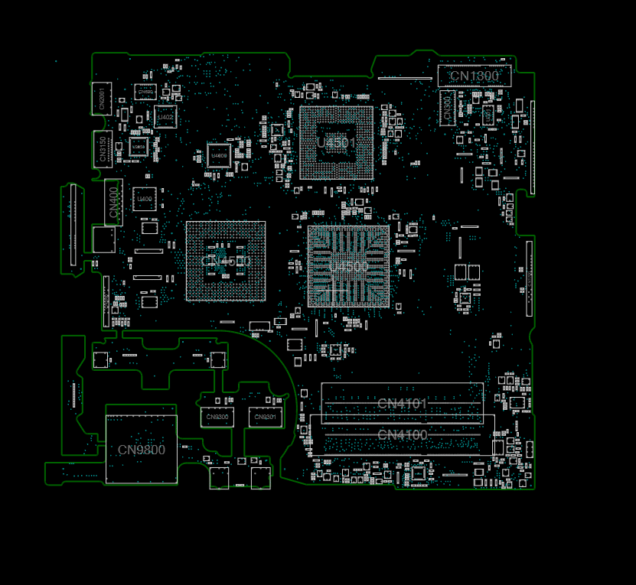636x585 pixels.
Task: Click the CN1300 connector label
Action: click(474, 76)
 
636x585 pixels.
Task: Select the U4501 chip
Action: click(337, 142)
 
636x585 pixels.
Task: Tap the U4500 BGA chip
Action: click(348, 266)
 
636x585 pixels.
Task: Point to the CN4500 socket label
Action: click(226, 261)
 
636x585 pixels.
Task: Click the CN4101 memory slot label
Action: click(402, 403)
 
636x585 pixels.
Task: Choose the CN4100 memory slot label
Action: click(402, 435)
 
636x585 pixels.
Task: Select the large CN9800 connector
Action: click(141, 450)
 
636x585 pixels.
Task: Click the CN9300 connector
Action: click(217, 417)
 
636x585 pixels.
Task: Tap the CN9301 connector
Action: click(264, 417)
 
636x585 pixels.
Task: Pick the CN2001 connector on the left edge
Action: click(101, 98)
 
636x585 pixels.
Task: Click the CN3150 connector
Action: click(102, 149)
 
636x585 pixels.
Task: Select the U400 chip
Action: click(144, 200)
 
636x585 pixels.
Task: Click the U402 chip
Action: click(165, 117)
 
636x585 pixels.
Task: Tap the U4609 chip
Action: click(219, 155)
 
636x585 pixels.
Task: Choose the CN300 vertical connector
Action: click(448, 107)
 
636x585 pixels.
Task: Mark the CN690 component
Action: click(145, 92)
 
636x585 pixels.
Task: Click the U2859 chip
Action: click(138, 145)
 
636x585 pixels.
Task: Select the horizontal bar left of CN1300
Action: click(405, 77)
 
